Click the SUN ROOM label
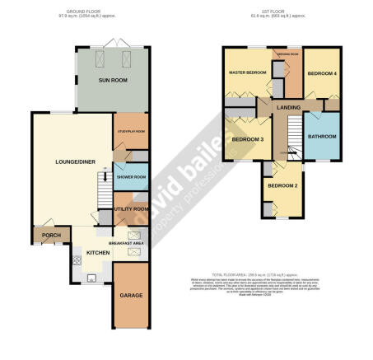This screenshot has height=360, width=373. pos(111,82)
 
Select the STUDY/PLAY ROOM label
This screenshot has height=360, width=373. pos(129,131)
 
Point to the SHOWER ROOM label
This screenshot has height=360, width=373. pos(130,177)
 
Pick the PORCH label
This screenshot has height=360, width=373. pos(44,236)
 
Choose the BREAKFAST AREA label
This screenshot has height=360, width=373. pos(128,244)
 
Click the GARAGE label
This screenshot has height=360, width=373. pos(129,294)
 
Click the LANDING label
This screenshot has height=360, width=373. pos(288,107)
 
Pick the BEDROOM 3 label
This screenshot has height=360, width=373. pos(247,139)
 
